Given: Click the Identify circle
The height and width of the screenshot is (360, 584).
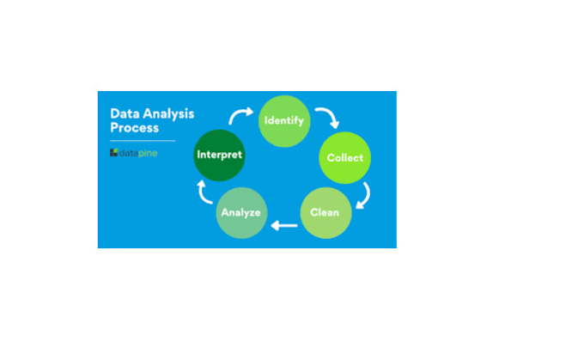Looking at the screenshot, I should (284, 119).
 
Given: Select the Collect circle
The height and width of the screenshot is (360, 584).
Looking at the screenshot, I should (344, 157).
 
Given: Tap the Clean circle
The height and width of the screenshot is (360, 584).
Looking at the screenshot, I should (325, 212).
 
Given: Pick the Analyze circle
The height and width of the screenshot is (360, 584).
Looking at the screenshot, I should (241, 212).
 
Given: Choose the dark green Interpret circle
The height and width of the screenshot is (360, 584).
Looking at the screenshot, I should (220, 156).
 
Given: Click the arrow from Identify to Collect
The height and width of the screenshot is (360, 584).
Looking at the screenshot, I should (325, 117).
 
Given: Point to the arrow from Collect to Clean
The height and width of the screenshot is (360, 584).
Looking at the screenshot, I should (363, 195).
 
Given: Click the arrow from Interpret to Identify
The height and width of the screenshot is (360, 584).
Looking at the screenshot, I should (241, 114).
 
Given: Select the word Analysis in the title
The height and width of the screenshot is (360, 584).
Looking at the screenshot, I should (167, 113).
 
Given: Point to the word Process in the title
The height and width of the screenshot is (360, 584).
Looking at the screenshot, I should (134, 128).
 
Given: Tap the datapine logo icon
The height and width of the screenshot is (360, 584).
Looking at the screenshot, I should (113, 153).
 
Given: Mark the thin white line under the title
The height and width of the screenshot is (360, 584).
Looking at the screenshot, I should (143, 140).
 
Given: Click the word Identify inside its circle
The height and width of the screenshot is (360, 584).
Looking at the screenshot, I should (284, 120).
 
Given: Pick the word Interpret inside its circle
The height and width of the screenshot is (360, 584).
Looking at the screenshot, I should (220, 156).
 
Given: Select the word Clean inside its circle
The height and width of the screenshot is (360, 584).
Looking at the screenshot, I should (325, 212).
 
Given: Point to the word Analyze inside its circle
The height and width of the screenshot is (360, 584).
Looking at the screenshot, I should (241, 212).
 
